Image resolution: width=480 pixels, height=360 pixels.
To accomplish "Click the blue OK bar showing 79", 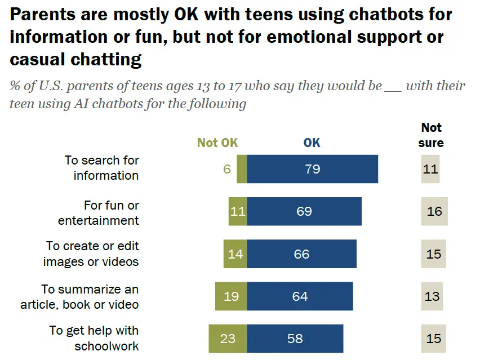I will click(x=312, y=168).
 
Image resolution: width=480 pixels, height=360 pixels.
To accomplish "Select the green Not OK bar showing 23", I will click(x=228, y=339).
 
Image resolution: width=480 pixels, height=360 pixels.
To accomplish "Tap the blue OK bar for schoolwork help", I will click(x=295, y=339).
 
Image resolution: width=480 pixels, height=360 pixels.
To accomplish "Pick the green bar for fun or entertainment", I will click(x=237, y=212).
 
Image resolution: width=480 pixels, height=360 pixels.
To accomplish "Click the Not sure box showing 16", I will click(x=434, y=212).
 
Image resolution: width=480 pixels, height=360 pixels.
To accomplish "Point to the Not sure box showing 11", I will click(x=430, y=168).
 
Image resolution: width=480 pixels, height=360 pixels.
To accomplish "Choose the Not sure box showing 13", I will click(x=432, y=296).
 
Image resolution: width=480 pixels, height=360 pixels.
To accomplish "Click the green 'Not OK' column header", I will click(x=217, y=143).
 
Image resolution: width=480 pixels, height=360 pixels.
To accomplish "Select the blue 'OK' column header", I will click(x=312, y=143).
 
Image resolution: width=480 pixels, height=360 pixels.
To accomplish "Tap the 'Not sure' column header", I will click(x=431, y=135).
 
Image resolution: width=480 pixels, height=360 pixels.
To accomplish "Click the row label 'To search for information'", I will click(x=103, y=167).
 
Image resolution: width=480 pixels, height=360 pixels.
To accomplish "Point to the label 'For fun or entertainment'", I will click(x=99, y=212).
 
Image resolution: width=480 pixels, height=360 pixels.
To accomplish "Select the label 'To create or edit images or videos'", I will click(x=92, y=254).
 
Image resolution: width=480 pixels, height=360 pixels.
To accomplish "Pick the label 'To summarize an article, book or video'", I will click(x=80, y=297).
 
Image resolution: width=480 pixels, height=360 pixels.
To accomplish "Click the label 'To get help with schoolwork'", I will click(x=94, y=338).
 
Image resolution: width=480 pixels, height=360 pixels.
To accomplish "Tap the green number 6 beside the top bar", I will click(x=227, y=168).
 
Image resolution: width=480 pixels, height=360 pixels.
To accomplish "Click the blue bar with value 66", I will click(x=301, y=254).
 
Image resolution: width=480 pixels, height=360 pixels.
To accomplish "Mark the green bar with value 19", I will click(x=230, y=296).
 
